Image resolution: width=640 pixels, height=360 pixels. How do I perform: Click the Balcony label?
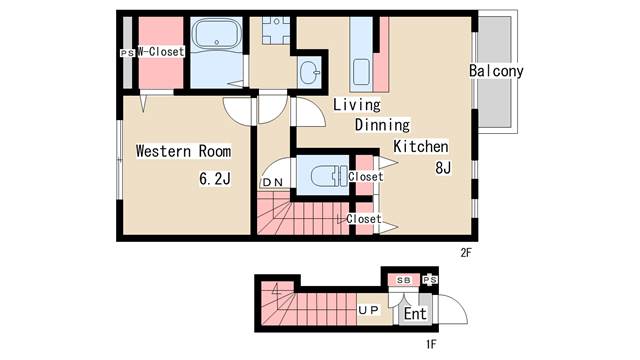coord(496,71)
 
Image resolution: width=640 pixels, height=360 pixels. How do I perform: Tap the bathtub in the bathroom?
coord(216,34)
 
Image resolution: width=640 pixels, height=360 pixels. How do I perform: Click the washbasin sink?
coord(309,72)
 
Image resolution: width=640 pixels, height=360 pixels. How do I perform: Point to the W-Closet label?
coord(161,52)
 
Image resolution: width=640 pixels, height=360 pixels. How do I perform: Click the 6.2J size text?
coord(215,178)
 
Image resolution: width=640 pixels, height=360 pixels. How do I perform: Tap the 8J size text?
coord(443,168)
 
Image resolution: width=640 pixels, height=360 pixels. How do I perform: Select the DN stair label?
coord(273,182)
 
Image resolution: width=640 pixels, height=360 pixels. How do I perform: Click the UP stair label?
coord(369,310)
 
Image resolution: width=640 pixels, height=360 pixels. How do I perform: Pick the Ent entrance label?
coord(415,314)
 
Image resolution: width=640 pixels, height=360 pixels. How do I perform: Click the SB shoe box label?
coord(404,280)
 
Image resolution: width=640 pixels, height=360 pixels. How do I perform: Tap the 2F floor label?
coord(466,253)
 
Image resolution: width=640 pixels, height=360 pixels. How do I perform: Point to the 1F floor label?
coord(431,344)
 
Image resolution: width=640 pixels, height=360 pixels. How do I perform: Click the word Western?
coord(163,151)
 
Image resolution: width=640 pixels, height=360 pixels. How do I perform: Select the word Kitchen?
coord(421,146)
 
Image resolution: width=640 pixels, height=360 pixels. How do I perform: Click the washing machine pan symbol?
coord(276,31)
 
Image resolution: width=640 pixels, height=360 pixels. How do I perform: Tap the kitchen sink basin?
coord(361,72)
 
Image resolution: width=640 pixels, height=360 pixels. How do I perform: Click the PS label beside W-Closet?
coord(127,53)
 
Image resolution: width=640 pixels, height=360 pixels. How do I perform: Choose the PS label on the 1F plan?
coord(430,280)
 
